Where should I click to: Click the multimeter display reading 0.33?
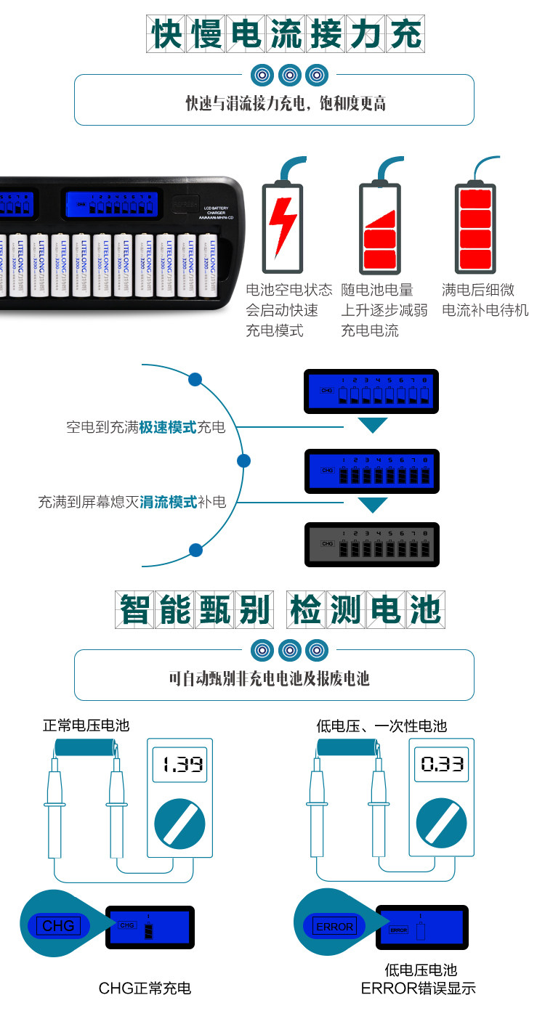[443, 764]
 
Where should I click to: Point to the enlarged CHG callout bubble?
[58, 925]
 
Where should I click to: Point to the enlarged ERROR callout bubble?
[334, 926]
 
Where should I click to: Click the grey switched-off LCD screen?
[371, 543]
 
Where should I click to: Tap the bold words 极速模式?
[168, 427]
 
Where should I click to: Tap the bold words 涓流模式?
[168, 502]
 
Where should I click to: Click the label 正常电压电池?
[86, 725]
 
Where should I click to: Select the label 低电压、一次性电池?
[381, 725]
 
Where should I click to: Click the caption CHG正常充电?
[145, 988]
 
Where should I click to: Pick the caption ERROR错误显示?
[419, 988]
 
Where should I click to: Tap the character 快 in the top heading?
[169, 33]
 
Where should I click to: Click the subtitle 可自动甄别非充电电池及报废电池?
[269, 678]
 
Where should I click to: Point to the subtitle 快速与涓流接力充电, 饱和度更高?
[285, 103]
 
